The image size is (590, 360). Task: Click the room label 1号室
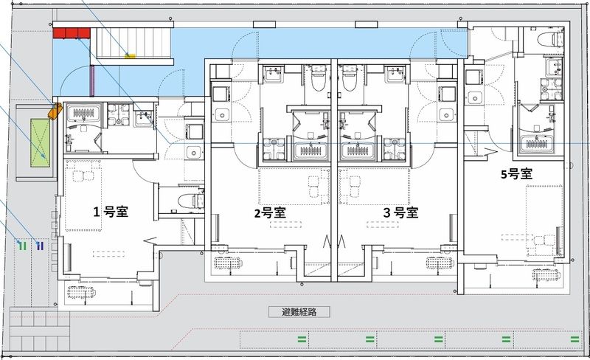click(x=111, y=212)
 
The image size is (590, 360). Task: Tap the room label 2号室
click(x=270, y=213)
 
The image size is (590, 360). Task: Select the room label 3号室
click(x=400, y=213)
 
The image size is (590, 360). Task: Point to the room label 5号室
click(x=516, y=175)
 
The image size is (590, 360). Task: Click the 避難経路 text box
click(x=299, y=312)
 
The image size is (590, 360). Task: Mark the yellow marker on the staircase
click(x=131, y=54)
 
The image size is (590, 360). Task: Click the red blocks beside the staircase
click(x=71, y=32)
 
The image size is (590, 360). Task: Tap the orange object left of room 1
click(x=53, y=112)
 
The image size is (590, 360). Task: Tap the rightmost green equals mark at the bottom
click(x=574, y=339)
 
